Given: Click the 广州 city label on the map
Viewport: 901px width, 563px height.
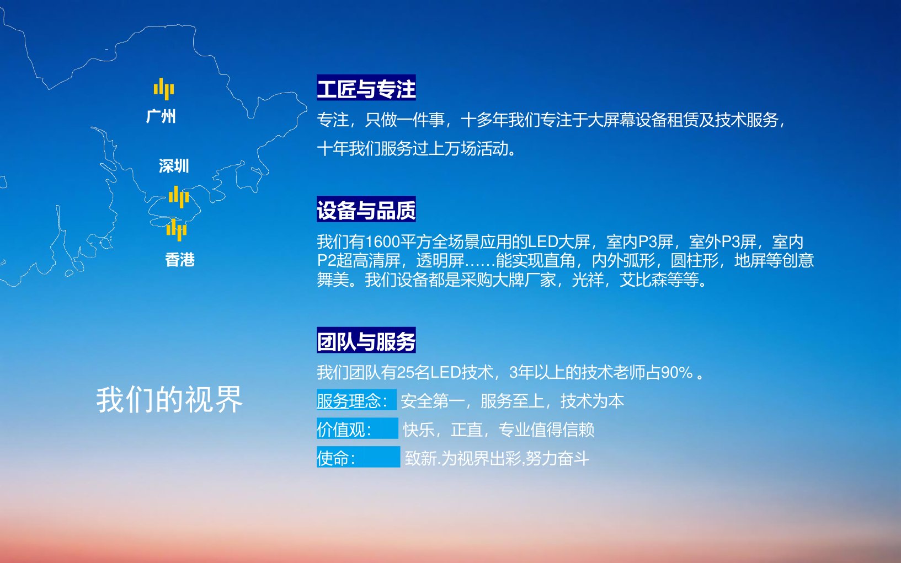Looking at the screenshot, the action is (161, 116).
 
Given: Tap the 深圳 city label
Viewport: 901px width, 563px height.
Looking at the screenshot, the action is (174, 165).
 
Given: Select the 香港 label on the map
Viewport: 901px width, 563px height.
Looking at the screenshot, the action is (180, 260).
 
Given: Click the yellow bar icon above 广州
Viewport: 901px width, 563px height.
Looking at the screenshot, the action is (164, 89).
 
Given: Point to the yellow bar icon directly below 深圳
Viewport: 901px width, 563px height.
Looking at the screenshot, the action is (179, 197).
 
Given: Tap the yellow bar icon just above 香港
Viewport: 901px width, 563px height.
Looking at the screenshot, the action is (176, 230).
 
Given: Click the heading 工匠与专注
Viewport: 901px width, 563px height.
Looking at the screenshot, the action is (366, 88).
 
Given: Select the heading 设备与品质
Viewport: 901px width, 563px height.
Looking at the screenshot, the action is (366, 209).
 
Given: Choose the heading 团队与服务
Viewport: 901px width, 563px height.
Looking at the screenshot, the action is (366, 340).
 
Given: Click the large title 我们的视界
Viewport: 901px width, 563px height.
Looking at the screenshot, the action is (169, 399).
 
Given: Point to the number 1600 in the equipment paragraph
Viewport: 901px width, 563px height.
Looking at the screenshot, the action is (382, 242).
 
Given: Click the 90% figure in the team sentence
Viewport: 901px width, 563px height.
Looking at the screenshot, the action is (677, 373).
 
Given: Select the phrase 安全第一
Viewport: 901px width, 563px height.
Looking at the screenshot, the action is (433, 401).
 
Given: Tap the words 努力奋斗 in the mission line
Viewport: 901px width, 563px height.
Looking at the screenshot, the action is (557, 458).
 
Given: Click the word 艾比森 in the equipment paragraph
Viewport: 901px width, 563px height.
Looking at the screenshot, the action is (643, 280).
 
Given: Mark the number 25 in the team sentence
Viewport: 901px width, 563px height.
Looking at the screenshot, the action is (405, 373).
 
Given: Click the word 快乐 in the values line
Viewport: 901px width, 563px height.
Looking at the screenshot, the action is (419, 430).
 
